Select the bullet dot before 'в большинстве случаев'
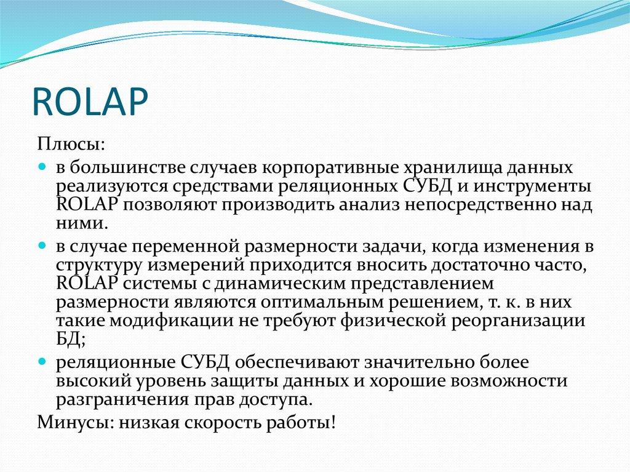tap(42, 167)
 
